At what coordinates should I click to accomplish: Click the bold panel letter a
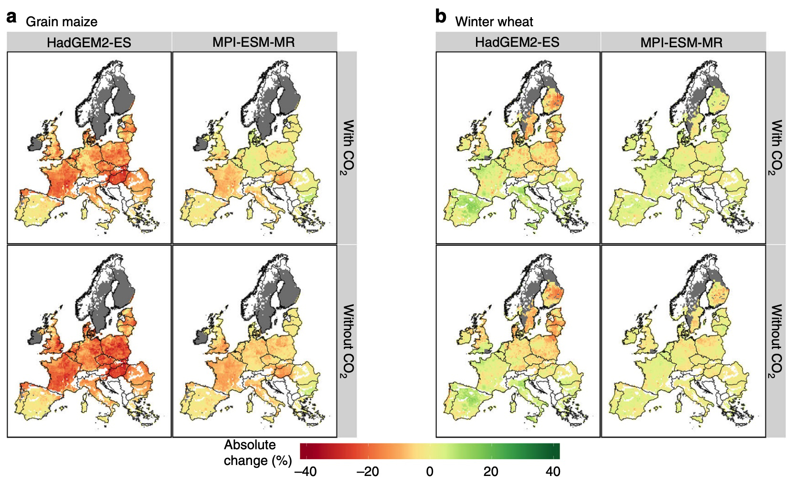click(x=12, y=18)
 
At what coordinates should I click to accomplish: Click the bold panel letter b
click(x=441, y=17)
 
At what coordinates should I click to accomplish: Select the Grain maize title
click(x=62, y=21)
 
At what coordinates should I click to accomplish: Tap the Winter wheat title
click(x=494, y=21)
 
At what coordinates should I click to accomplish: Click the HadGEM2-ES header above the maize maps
click(x=89, y=42)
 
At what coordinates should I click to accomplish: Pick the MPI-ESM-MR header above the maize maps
click(x=254, y=42)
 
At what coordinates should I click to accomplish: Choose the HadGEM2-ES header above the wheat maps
click(x=517, y=42)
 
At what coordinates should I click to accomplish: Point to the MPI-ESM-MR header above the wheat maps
click(x=681, y=42)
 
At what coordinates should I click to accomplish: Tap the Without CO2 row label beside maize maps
click(x=348, y=341)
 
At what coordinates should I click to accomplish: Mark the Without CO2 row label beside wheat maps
click(x=776, y=341)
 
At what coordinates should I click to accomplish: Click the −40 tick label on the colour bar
click(x=306, y=472)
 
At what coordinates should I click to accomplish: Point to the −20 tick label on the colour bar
click(x=368, y=472)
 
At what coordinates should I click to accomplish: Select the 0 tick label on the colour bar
click(x=430, y=472)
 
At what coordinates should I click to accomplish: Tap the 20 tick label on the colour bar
click(x=491, y=472)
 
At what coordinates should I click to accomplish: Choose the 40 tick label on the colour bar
click(x=553, y=472)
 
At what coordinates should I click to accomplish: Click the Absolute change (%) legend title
click(x=258, y=453)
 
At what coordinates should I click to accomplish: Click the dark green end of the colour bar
click(x=555, y=451)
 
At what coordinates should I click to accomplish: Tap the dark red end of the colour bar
click(x=305, y=451)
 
